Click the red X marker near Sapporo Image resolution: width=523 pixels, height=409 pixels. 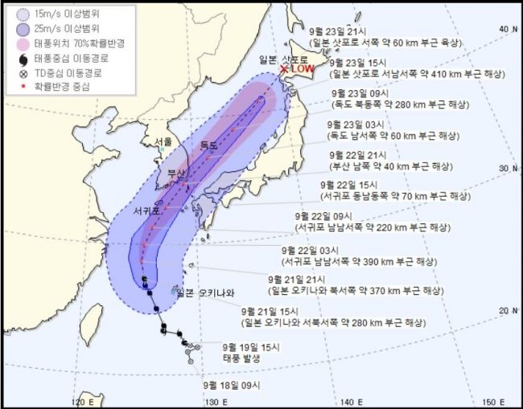tap(283, 71)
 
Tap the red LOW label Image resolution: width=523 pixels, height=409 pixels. tap(302, 70)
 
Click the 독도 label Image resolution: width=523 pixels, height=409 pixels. tap(208, 145)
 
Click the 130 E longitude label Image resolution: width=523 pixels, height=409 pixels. tap(212, 401)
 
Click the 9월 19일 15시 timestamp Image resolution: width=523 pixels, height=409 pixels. tap(252, 347)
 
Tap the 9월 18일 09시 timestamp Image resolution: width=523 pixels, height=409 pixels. tap(234, 386)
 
